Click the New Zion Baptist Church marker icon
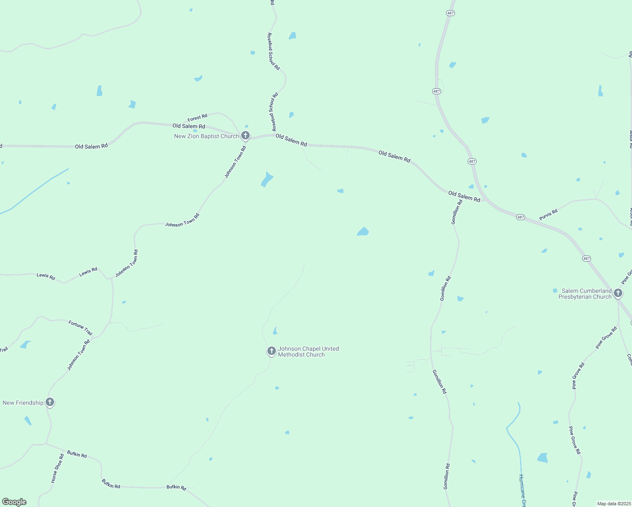click(245, 136)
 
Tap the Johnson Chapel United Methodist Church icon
click(271, 351)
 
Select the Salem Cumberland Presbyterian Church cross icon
click(618, 293)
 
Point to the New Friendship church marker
click(50, 402)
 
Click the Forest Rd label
click(197, 117)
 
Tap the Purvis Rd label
click(548, 215)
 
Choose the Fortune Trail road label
click(80, 327)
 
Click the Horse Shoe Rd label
click(57, 468)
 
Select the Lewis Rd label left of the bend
click(46, 277)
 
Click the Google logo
click(14, 502)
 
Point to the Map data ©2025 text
click(614, 504)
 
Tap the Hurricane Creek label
click(522, 490)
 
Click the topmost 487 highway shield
click(450, 13)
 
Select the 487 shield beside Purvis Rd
click(520, 217)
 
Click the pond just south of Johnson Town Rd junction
click(267, 179)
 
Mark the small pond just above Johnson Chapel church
click(275, 331)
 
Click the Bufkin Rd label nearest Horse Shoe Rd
click(77, 455)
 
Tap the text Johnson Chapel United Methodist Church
click(308, 352)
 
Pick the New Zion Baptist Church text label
click(207, 136)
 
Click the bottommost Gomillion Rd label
click(446, 477)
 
